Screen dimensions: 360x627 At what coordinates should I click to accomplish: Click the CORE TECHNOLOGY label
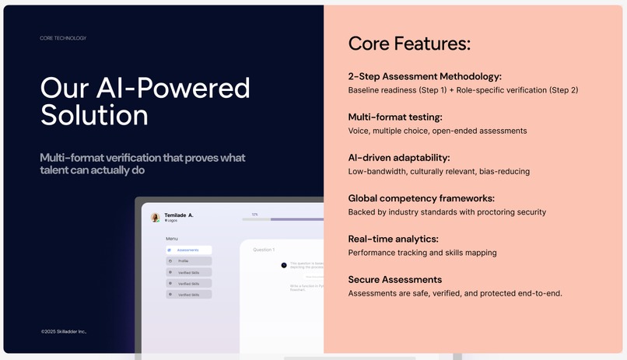click(63, 38)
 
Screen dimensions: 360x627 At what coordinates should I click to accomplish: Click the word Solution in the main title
click(94, 116)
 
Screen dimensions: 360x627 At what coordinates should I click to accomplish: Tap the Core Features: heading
click(409, 44)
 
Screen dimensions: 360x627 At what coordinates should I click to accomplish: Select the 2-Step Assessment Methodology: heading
click(425, 76)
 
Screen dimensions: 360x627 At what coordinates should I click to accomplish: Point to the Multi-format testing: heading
click(395, 117)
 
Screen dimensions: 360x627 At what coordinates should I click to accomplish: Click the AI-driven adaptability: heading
click(399, 157)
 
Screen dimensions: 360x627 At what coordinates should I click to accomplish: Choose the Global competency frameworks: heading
click(421, 198)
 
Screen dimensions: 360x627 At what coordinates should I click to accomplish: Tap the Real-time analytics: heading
click(393, 239)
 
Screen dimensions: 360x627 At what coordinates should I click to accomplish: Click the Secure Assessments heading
click(394, 279)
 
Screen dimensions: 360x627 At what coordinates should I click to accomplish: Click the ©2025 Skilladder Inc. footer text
click(64, 331)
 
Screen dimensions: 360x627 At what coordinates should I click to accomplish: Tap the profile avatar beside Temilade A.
click(156, 218)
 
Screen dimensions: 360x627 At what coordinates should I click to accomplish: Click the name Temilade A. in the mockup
click(179, 215)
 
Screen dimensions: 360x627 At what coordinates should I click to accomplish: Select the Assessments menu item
click(187, 250)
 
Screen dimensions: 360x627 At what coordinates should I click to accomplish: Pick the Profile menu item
click(184, 261)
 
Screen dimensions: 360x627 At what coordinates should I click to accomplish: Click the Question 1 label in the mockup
click(264, 250)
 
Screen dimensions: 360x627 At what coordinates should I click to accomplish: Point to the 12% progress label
click(254, 215)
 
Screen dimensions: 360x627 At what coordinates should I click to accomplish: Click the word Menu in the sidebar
click(172, 239)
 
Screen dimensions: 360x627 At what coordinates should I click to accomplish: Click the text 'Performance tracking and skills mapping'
click(422, 253)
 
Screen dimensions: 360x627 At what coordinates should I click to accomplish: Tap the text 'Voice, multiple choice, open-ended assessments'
click(437, 131)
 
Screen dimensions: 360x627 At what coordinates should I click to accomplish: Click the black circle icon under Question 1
click(284, 265)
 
